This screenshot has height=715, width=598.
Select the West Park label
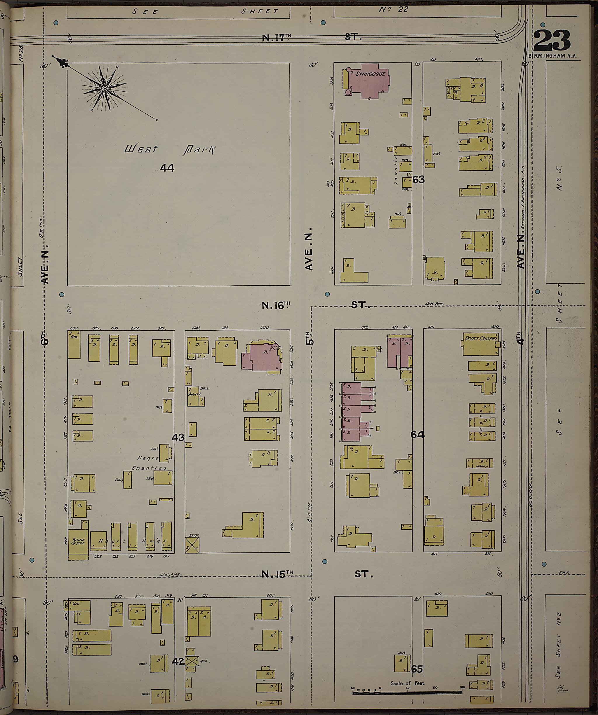click(x=170, y=149)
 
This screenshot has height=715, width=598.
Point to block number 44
click(x=167, y=168)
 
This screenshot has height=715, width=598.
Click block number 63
click(x=418, y=179)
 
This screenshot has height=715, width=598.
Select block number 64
click(x=418, y=435)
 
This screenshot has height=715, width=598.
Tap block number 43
click(x=178, y=437)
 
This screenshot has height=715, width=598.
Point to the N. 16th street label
click(x=315, y=305)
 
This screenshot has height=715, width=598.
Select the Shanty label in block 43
click(x=194, y=394)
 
